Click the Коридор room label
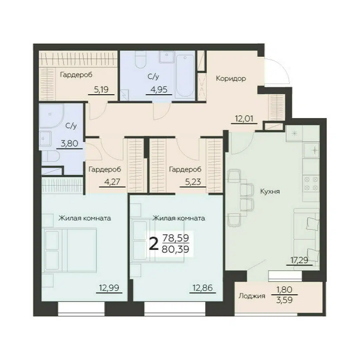(231, 79)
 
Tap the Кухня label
(270, 191)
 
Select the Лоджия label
(252, 296)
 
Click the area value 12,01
(244, 119)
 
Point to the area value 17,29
(299, 260)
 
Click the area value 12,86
(203, 287)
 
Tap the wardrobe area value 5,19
(101, 89)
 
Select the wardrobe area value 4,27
(112, 182)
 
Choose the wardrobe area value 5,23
(193, 182)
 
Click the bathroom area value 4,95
(159, 89)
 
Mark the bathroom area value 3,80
(69, 143)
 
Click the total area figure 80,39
(175, 249)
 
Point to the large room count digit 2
(154, 244)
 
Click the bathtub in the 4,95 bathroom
(185, 76)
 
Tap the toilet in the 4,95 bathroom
(141, 59)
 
